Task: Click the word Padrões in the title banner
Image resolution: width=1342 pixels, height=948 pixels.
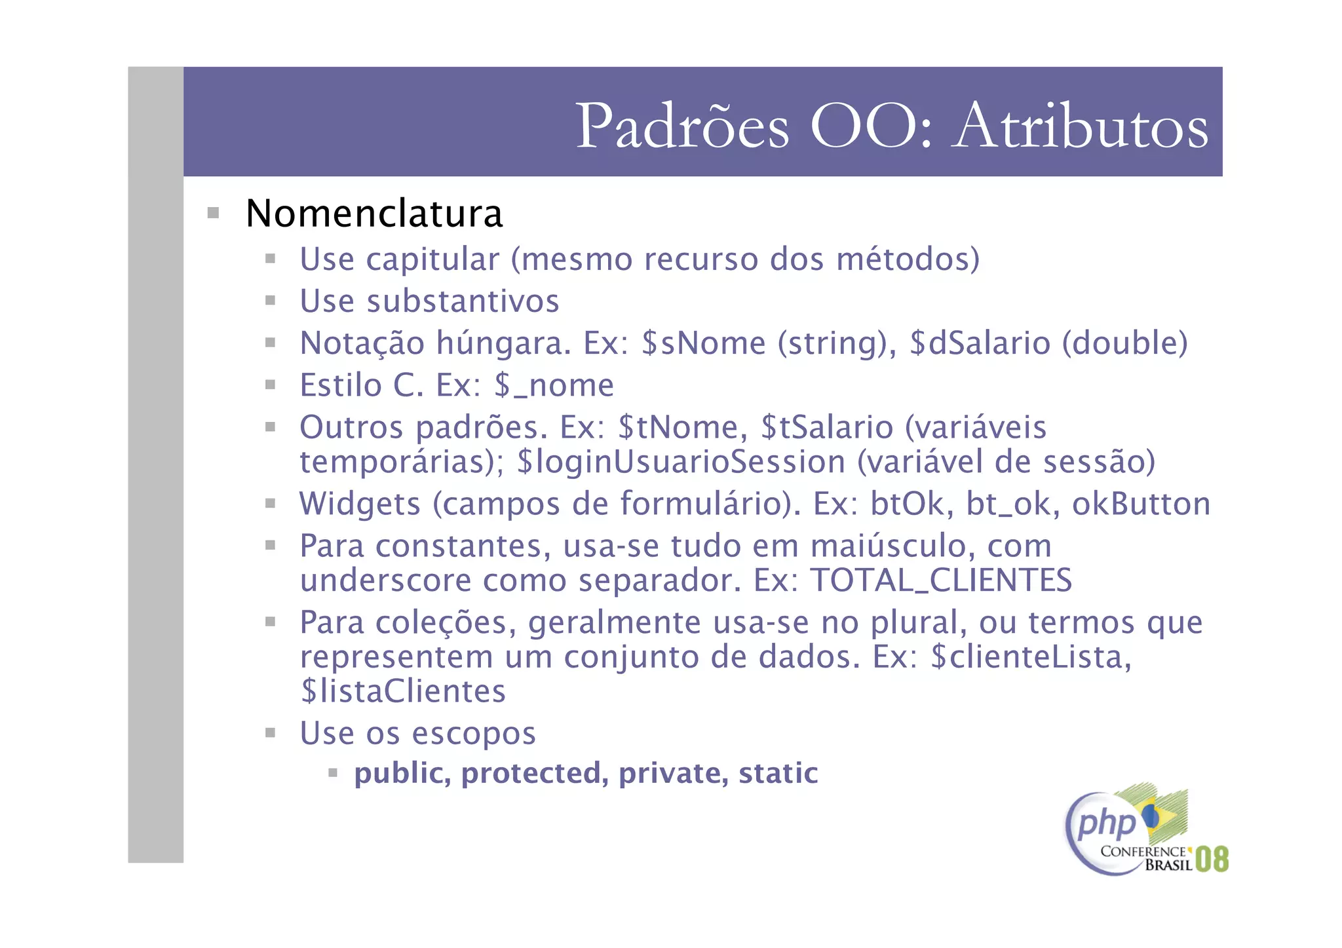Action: pos(682,126)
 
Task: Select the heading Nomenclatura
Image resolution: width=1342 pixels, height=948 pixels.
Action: pos(374,214)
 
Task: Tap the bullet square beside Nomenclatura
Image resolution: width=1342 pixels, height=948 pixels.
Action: pos(213,213)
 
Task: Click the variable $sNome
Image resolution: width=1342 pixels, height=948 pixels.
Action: pos(703,343)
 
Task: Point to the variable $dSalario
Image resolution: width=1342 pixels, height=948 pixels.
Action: pos(980,343)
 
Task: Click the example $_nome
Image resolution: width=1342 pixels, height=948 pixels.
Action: pos(554,385)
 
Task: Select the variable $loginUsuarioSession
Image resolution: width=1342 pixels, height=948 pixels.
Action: pos(681,462)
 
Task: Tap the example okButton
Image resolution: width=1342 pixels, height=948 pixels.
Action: pos(1141,504)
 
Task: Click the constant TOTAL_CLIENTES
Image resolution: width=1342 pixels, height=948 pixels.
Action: pos(941,580)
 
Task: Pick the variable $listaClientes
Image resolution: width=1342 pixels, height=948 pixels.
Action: pos(403,692)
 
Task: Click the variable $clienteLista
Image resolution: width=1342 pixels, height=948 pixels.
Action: pos(1030,657)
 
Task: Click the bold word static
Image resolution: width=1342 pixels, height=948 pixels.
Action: pos(778,774)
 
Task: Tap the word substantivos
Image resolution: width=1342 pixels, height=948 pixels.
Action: pos(462,301)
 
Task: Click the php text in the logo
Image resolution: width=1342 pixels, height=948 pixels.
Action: pos(1106,824)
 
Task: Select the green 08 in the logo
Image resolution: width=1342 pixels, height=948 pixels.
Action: pos(1211,859)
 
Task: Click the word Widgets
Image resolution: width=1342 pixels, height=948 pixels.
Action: pos(360,504)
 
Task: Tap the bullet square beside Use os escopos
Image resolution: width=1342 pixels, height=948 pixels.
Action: pos(270,732)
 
